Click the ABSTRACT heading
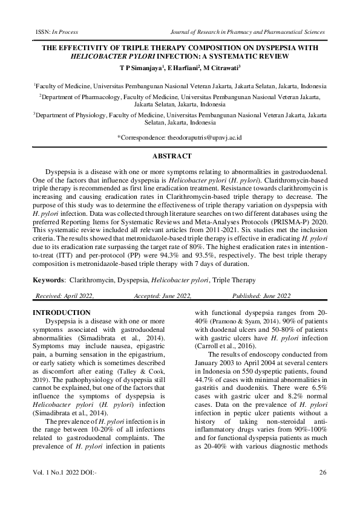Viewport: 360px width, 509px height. tap(180, 157)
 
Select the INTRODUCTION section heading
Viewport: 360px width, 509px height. tap(61, 313)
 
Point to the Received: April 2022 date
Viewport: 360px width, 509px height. tap(65, 296)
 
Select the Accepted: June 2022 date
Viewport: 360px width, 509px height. tap(162, 296)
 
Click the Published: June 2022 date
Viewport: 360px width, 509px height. tap(261, 296)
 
